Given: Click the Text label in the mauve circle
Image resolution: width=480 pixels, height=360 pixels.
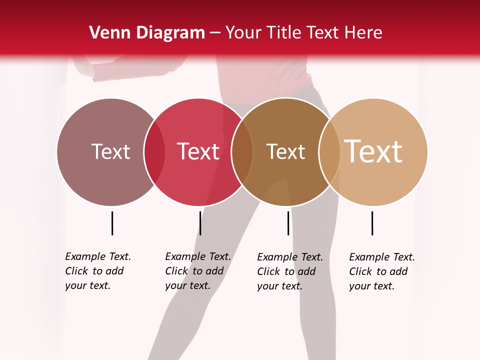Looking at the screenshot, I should click(x=110, y=151).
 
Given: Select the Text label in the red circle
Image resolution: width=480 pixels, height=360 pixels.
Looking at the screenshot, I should click(x=198, y=151).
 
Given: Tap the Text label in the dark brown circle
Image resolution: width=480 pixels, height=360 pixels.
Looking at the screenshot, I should click(x=285, y=151).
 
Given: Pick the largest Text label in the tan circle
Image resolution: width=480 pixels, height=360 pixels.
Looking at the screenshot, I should click(x=373, y=151).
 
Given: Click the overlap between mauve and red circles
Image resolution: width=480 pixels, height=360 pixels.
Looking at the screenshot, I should click(x=154, y=151).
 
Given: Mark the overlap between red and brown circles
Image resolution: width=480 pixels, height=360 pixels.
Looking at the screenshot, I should click(x=242, y=151).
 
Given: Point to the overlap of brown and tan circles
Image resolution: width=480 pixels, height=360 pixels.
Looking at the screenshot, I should click(x=329, y=151).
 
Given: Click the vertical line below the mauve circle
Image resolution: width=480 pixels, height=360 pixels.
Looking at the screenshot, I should click(x=112, y=223).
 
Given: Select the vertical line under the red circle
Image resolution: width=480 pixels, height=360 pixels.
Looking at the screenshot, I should click(x=200, y=223).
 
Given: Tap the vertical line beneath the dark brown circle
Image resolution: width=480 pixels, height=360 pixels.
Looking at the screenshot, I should click(x=288, y=223).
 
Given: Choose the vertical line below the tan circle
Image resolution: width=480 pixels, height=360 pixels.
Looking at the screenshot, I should click(x=372, y=223).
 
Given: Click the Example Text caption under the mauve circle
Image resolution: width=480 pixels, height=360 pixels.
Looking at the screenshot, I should click(x=97, y=271).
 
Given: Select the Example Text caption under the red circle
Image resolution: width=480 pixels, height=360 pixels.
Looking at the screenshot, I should click(x=197, y=271).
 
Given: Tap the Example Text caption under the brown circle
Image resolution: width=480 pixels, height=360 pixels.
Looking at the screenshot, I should click(x=289, y=271).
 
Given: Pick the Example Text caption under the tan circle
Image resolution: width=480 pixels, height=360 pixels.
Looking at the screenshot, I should click(x=381, y=271).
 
